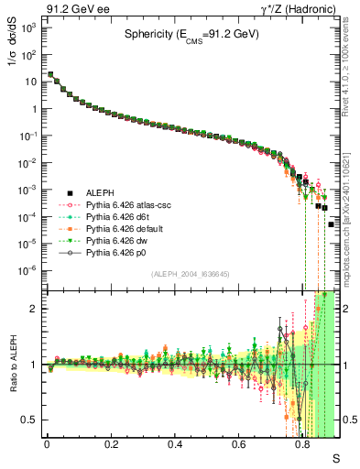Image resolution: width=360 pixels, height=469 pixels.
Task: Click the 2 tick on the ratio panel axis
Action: (x=34, y=309)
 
